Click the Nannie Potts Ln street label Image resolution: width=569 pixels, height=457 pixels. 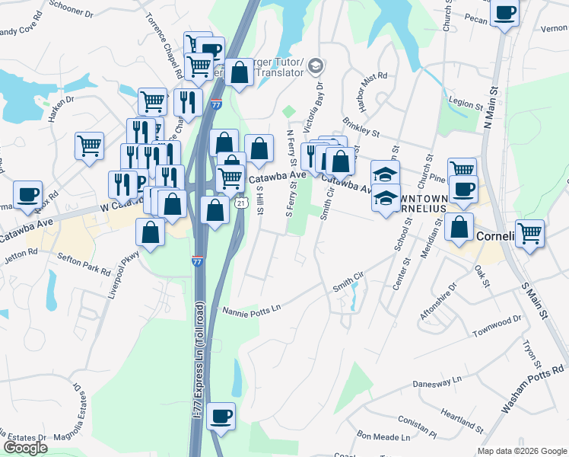pos(252,308)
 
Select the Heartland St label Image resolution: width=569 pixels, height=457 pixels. pos(462,420)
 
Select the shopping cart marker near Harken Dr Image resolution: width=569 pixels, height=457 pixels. pos(90,145)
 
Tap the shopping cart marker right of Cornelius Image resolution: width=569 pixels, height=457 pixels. pos(529,232)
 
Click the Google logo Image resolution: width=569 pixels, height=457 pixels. pos(25,448)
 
